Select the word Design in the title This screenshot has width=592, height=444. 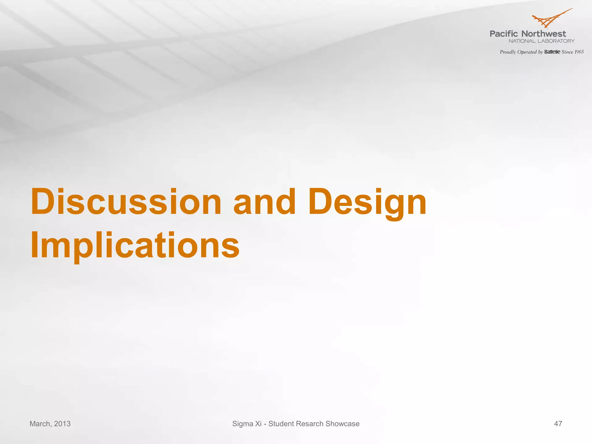coord(367,202)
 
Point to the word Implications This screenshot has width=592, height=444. coord(135,246)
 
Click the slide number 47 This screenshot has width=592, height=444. coord(558,424)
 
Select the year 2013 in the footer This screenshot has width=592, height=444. coord(62,424)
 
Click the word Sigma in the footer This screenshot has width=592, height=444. coord(243,424)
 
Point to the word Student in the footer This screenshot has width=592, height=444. coord(281,424)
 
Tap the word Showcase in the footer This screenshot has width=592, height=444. coord(343,424)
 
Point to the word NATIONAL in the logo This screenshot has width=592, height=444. coord(522,41)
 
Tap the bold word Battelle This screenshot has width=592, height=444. coord(552,52)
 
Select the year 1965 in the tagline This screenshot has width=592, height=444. coord(579,52)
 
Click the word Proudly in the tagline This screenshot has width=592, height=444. coord(508,52)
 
